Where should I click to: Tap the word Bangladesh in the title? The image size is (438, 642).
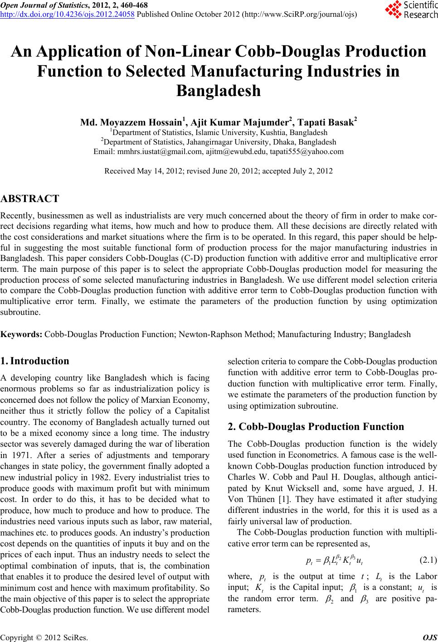tap(219, 91)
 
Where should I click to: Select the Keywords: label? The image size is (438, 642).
tap(22, 335)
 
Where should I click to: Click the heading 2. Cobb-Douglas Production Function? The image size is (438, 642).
tap(316, 427)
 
